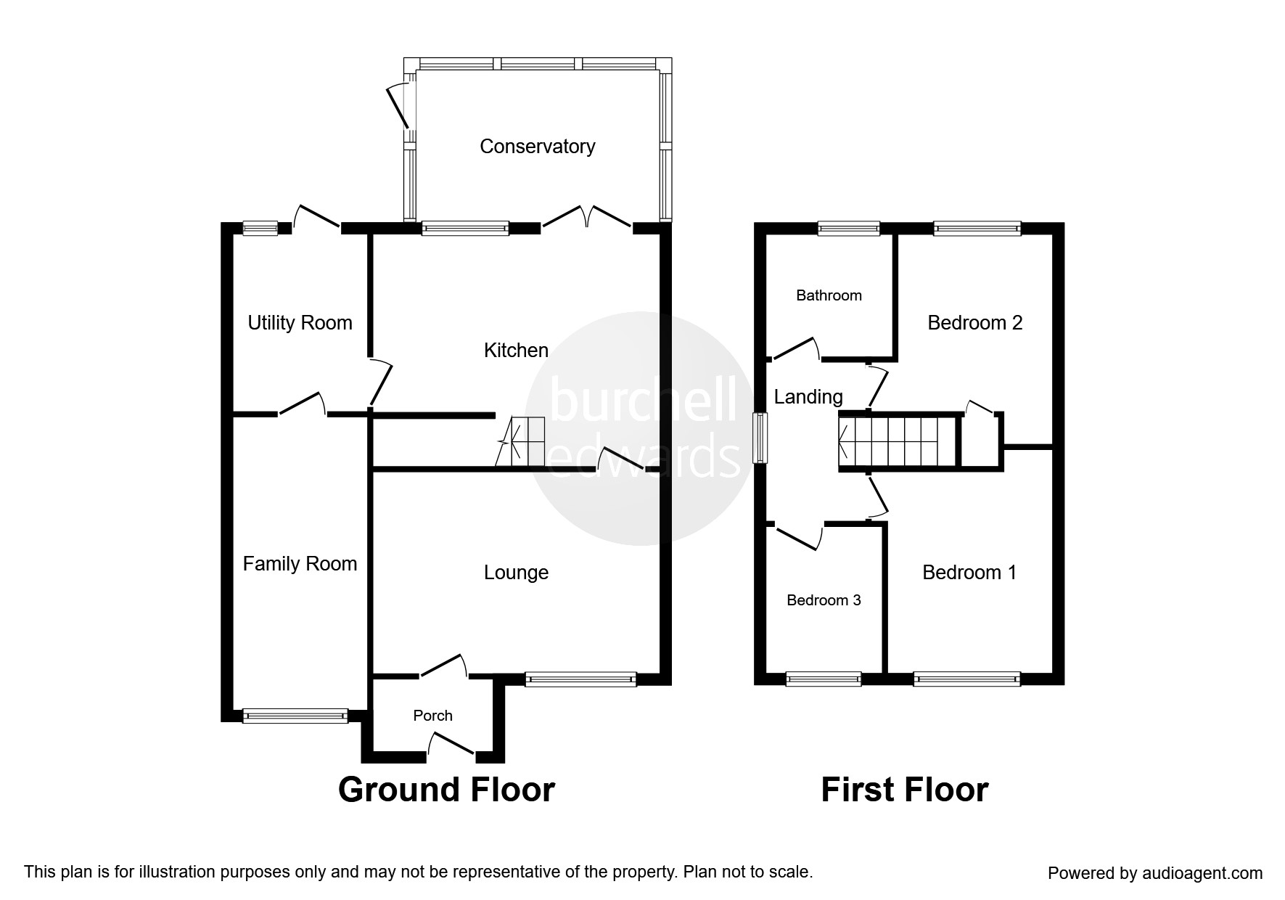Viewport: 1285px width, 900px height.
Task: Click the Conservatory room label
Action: tap(538, 147)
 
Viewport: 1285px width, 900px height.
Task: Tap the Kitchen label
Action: tap(516, 351)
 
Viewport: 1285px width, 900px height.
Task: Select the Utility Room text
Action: tap(300, 323)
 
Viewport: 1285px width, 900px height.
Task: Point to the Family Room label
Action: tap(300, 564)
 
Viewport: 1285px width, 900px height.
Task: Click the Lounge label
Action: tap(516, 573)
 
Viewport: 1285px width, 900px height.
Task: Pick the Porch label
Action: tap(432, 716)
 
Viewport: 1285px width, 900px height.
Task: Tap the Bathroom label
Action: tap(829, 295)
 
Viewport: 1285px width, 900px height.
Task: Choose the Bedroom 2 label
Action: tap(975, 323)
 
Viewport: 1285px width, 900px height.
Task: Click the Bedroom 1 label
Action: tap(969, 573)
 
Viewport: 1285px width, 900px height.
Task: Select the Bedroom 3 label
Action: tap(824, 600)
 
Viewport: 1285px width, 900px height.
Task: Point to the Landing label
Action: tap(808, 397)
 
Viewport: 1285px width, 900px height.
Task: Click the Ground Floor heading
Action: tap(446, 790)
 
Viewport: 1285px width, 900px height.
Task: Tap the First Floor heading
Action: tap(904, 790)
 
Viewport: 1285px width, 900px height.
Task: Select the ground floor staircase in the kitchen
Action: tap(520, 442)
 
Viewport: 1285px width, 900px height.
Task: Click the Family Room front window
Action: tap(295, 716)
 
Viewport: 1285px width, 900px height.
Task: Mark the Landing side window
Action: tap(760, 438)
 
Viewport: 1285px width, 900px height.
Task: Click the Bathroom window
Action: tap(849, 229)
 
